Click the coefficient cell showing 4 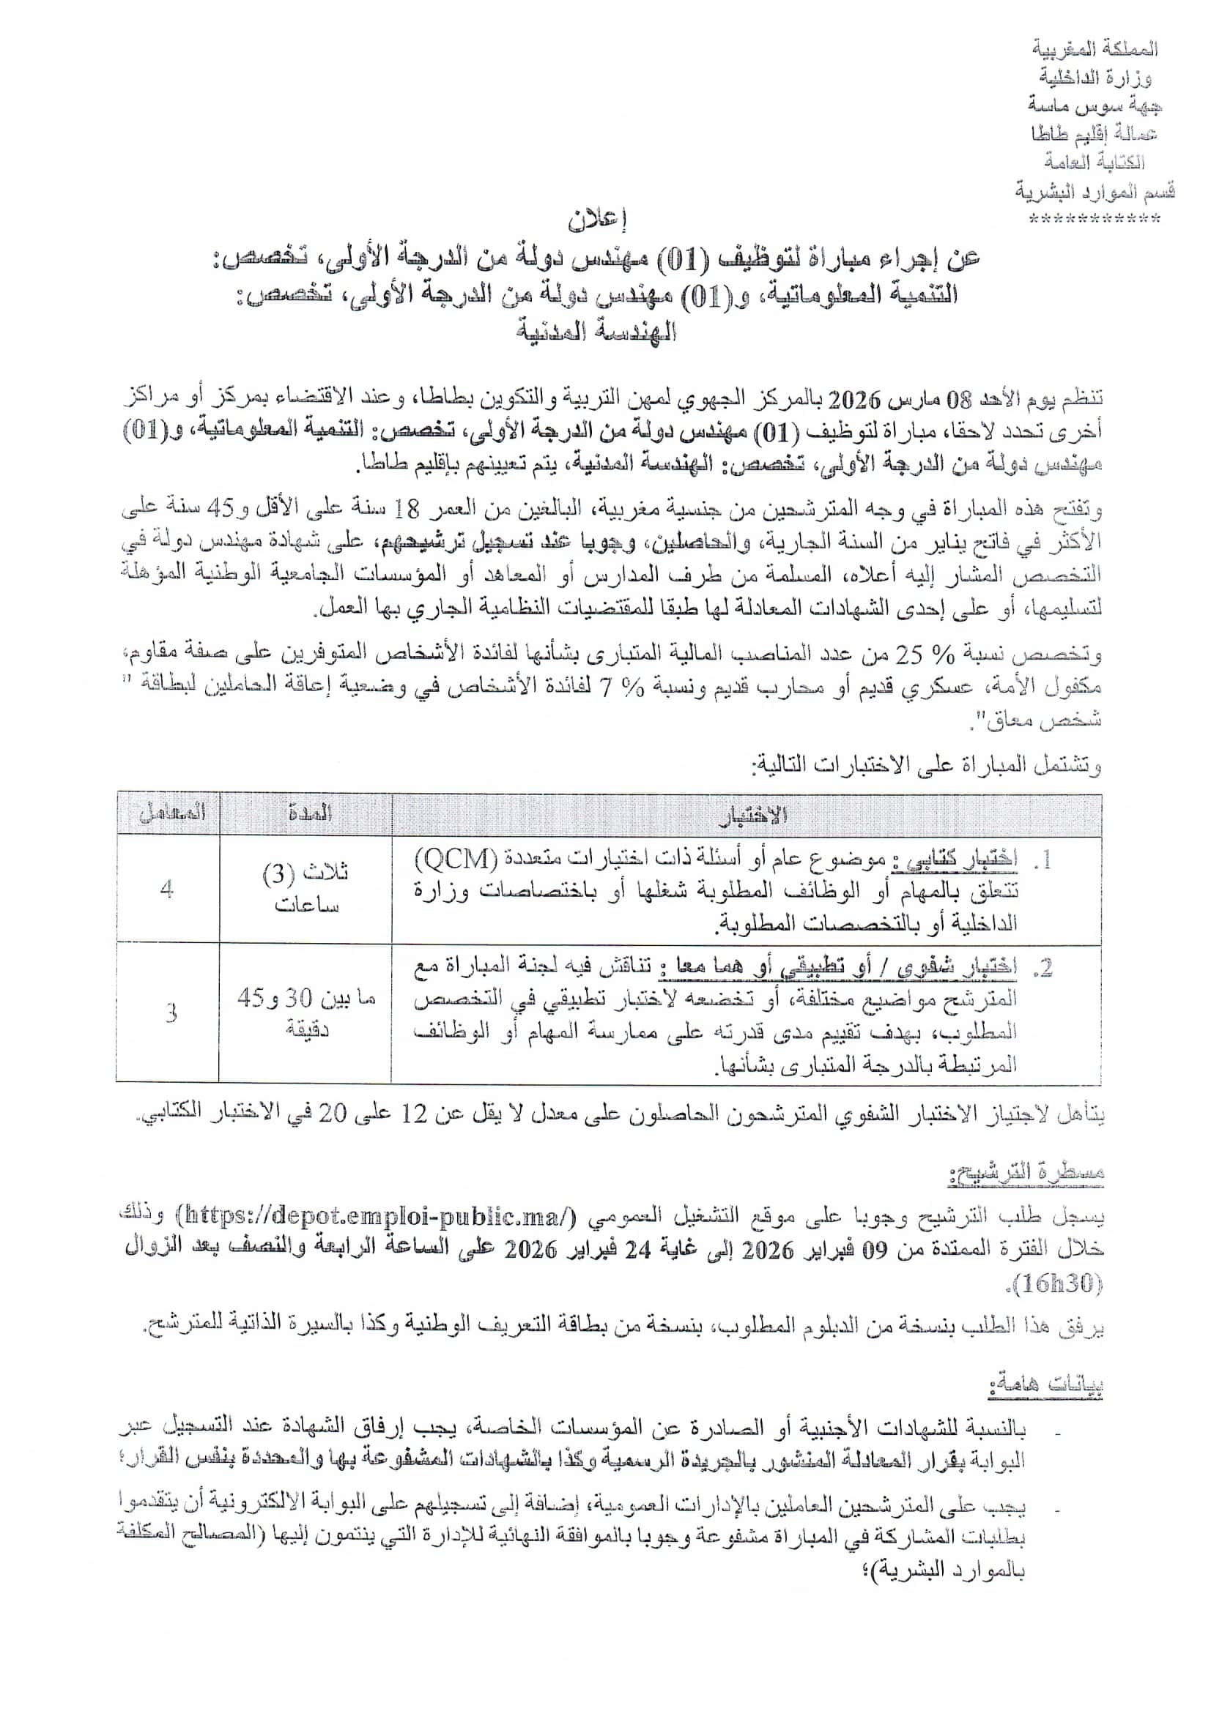pyautogui.click(x=167, y=889)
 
